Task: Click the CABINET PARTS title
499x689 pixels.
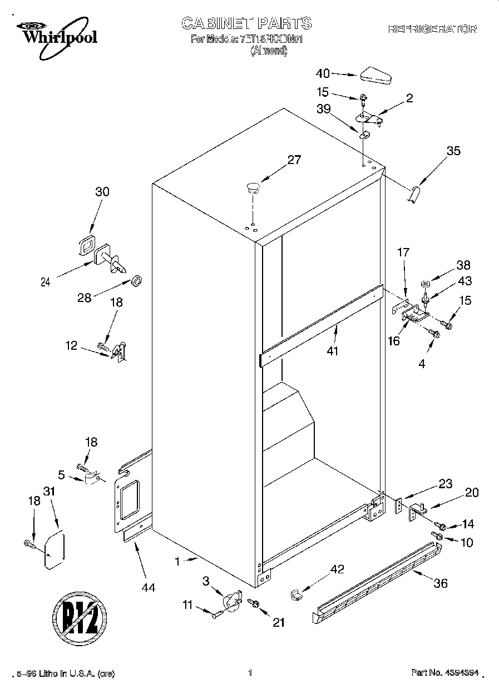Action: pyautogui.click(x=246, y=23)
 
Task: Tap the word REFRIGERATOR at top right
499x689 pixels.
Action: pyautogui.click(x=432, y=29)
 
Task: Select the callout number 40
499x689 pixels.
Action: pyautogui.click(x=323, y=73)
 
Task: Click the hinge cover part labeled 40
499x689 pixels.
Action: pyautogui.click(x=376, y=75)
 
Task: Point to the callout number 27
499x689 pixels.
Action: pyautogui.click(x=294, y=160)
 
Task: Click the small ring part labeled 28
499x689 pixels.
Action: pyautogui.click(x=136, y=279)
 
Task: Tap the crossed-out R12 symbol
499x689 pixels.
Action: pyautogui.click(x=80, y=619)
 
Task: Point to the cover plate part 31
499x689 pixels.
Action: pyautogui.click(x=54, y=551)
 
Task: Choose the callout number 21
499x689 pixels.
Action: pyautogui.click(x=278, y=622)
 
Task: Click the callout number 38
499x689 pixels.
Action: pyautogui.click(x=463, y=265)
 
